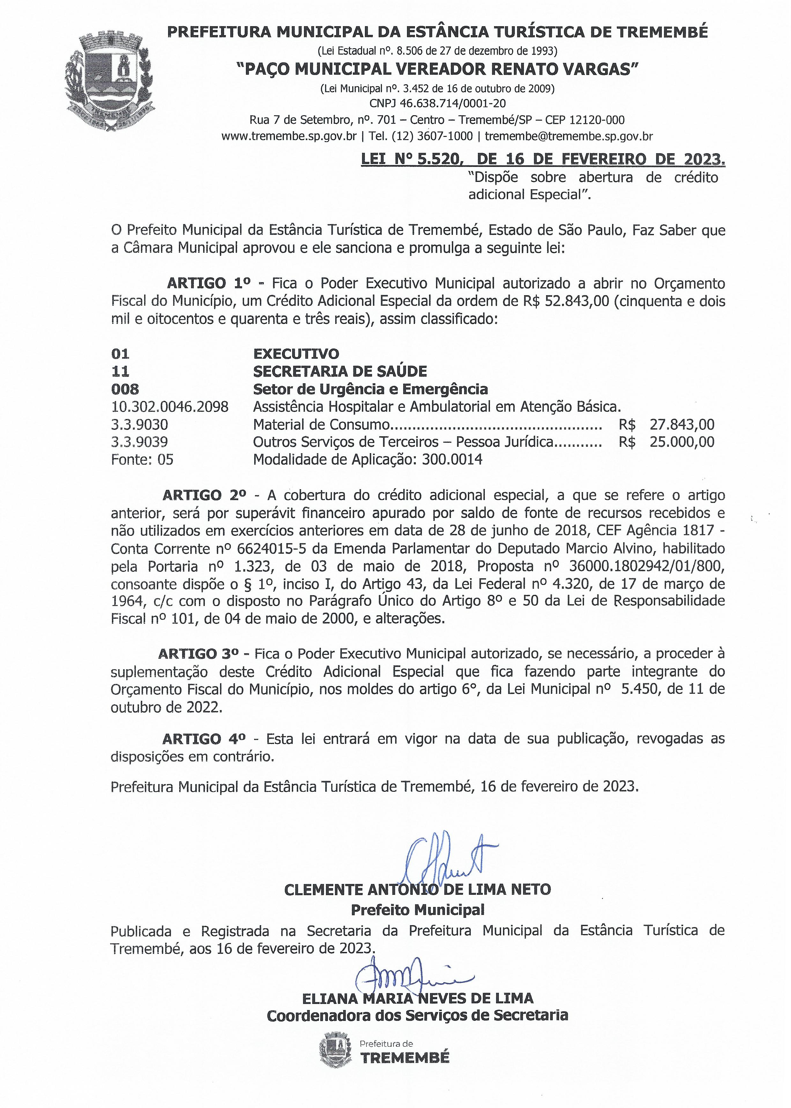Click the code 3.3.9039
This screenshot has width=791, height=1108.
[x=139, y=442]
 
